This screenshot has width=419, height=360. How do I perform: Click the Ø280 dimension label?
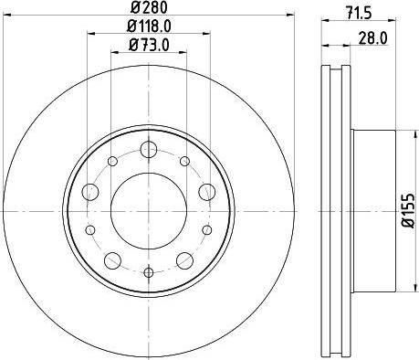(149, 8)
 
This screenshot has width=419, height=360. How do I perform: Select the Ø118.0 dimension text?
(149, 26)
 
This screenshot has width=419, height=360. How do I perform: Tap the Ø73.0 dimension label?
(149, 45)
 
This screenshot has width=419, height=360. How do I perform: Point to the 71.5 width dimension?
(359, 14)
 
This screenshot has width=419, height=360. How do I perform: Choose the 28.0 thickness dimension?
(372, 38)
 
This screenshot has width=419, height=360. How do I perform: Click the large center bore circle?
(149, 211)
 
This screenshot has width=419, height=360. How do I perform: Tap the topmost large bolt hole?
(149, 149)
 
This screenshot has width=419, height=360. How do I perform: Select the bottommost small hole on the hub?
(149, 272)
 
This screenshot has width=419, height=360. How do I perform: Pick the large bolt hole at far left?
(90, 192)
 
